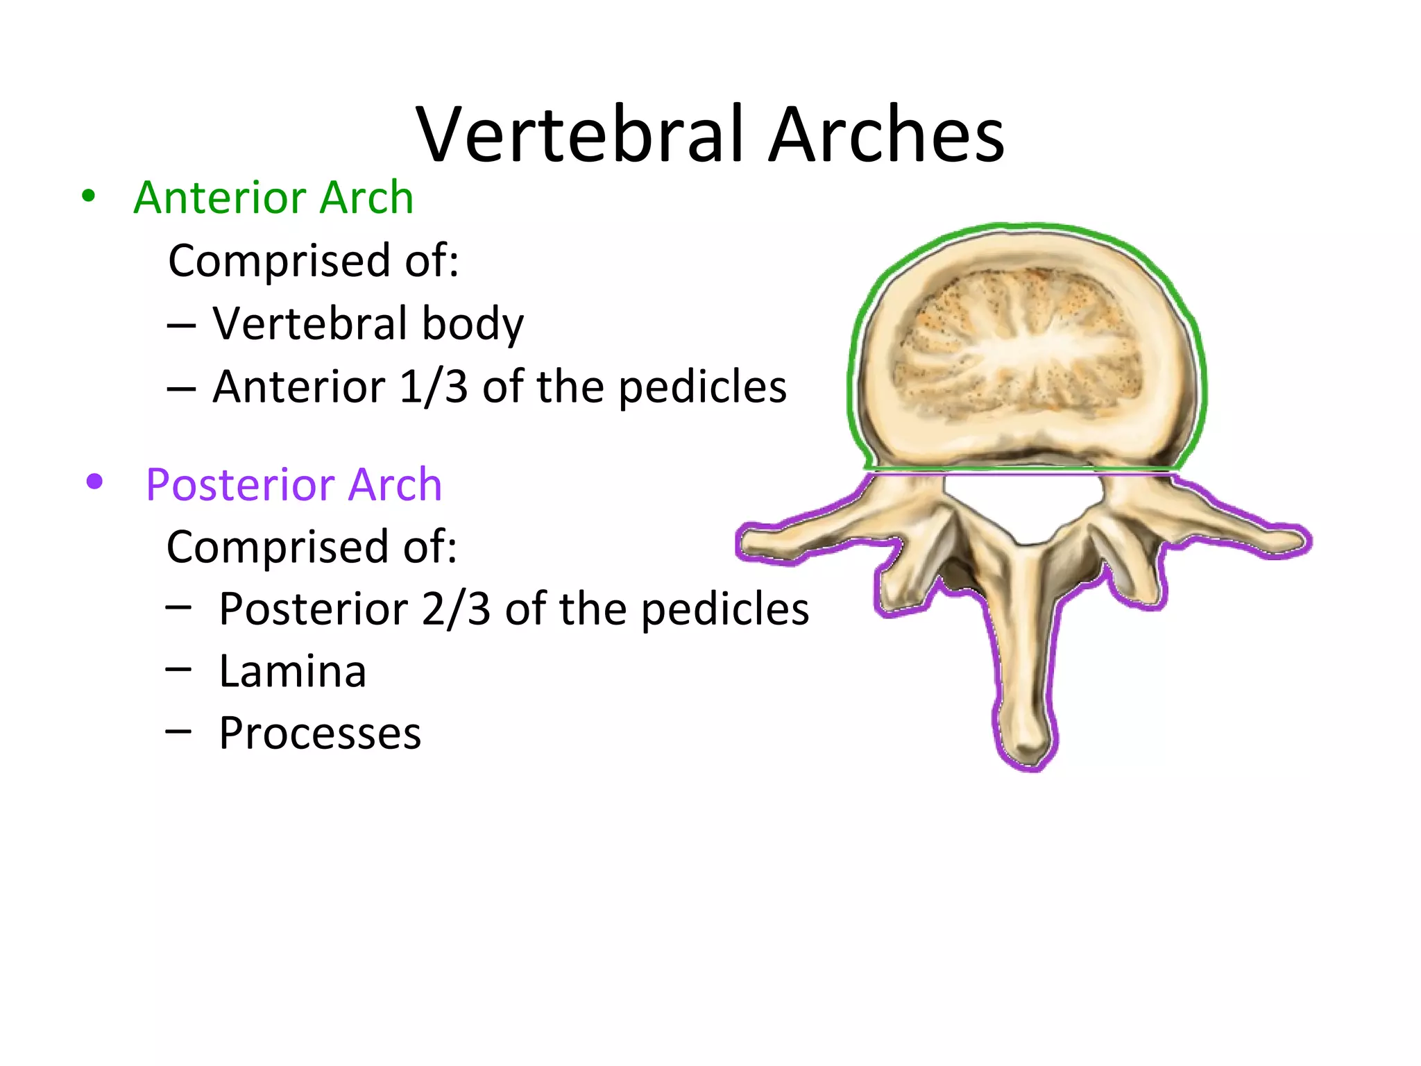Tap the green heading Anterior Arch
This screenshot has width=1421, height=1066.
(273, 197)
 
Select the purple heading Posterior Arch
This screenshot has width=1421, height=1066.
(293, 484)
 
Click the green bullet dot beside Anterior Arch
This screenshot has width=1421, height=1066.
(88, 196)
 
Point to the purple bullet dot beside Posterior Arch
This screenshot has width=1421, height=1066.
(94, 482)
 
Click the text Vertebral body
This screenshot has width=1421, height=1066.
(368, 324)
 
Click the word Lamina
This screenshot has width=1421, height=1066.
(292, 671)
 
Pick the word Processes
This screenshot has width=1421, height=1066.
(320, 733)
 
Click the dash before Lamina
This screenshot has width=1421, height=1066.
(178, 668)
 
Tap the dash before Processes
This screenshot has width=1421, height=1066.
(178, 730)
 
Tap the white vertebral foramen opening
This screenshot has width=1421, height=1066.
(1022, 503)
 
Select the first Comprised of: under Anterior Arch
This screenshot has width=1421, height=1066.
(314, 261)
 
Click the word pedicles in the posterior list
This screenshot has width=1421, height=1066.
(725, 609)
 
